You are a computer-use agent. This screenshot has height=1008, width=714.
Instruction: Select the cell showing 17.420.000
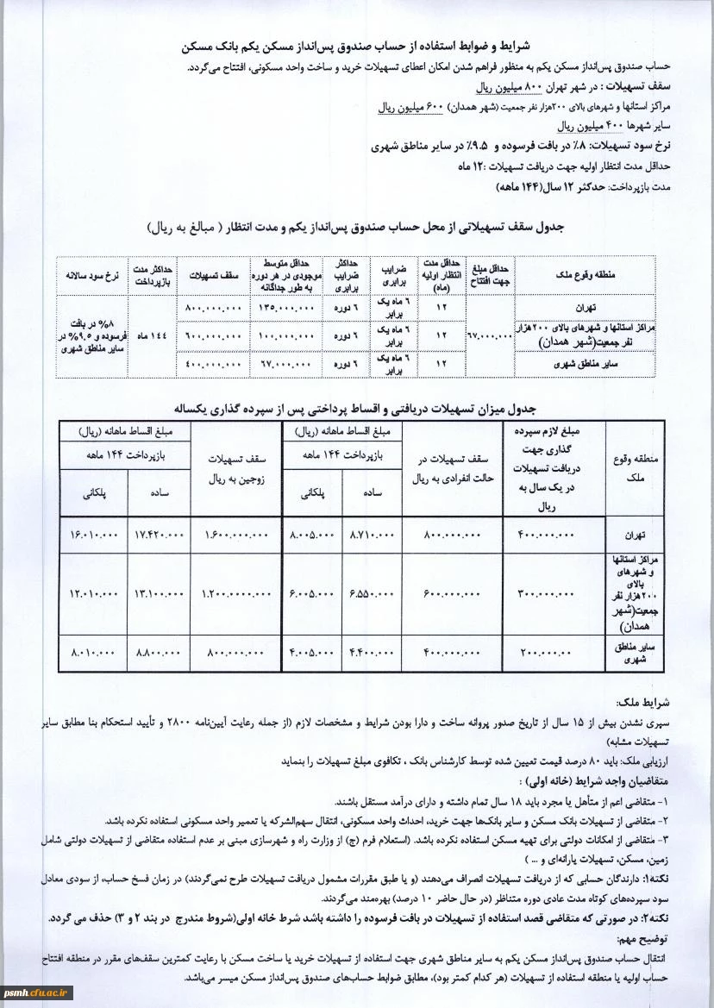click(160, 535)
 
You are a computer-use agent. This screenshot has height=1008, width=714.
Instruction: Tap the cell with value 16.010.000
click(94, 535)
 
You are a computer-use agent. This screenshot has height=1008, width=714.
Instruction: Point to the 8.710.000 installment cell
click(372, 535)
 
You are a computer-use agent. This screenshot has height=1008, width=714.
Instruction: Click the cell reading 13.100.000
click(160, 593)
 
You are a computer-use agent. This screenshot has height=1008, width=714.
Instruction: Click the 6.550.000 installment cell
click(372, 593)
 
